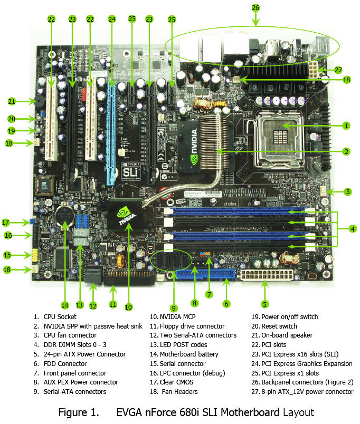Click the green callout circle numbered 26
coord(255,8)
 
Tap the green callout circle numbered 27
coord(338,70)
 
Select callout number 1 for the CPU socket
coord(346,126)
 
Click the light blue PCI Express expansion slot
coord(111,132)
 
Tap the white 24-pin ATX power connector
coord(267,274)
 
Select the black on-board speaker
coord(40,101)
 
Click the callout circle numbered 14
coord(65,305)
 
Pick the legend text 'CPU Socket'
coord(60,316)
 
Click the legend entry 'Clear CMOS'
coord(176,382)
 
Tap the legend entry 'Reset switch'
coord(279,326)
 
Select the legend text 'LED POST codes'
coord(183,345)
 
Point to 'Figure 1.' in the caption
coord(79,412)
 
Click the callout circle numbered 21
coord(12,101)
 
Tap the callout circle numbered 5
coord(265,304)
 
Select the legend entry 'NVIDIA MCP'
coord(177,316)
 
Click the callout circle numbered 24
coord(112,19)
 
